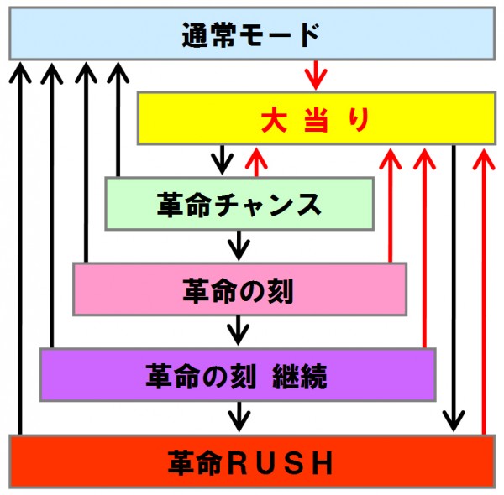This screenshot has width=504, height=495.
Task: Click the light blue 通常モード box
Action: pyautogui.click(x=252, y=34)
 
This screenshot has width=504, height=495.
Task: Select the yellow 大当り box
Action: pyautogui.click(x=317, y=118)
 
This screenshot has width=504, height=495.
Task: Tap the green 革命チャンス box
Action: pyautogui.click(x=239, y=204)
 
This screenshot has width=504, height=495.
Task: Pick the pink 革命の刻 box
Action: pyautogui.click(x=239, y=289)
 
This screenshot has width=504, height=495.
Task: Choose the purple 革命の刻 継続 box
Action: pyautogui.click(x=238, y=374)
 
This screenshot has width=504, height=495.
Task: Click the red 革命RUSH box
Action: pyautogui.click(x=252, y=461)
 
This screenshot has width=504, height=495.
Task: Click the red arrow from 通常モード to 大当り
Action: pyautogui.click(x=316, y=76)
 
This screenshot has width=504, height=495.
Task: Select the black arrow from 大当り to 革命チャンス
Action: pyautogui.click(x=222, y=160)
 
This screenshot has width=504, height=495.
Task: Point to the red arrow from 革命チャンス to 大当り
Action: pyautogui.click(x=256, y=162)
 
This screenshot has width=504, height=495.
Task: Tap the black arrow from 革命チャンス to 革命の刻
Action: pyautogui.click(x=239, y=246)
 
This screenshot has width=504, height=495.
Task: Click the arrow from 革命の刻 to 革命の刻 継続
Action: pyautogui.click(x=239, y=331)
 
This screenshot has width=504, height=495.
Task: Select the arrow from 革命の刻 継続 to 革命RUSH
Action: pyautogui.click(x=239, y=417)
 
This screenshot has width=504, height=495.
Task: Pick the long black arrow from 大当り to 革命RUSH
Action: pyautogui.click(x=454, y=289)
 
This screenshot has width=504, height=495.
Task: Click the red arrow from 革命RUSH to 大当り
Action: pyautogui.click(x=484, y=291)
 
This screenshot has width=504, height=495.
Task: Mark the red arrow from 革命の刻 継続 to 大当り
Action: pyautogui.click(x=424, y=247)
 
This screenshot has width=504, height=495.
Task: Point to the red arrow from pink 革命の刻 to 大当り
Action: pyautogui.click(x=391, y=205)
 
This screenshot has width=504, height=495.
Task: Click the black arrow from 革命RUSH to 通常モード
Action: pyautogui.click(x=20, y=248)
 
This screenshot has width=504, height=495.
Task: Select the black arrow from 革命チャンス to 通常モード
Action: pyautogui.click(x=118, y=119)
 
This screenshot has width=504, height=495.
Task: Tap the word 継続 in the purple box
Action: pyautogui.click(x=300, y=376)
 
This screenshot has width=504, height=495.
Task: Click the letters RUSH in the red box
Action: pyautogui.click(x=280, y=462)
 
